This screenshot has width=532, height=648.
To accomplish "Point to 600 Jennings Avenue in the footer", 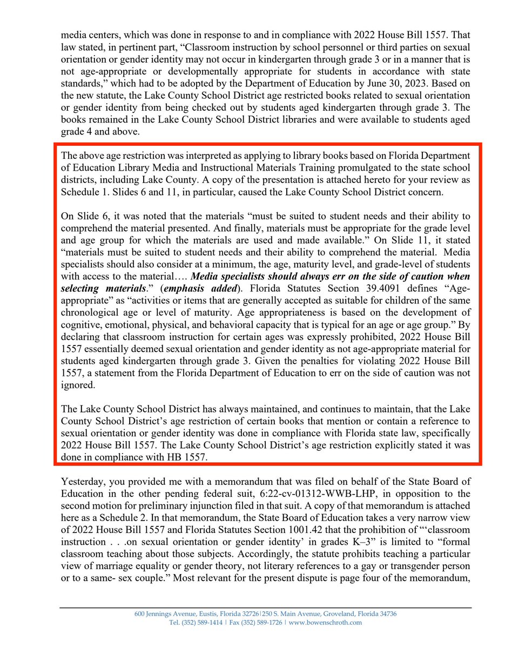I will coord(161,614).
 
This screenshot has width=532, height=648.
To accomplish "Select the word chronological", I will coord(90,312).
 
